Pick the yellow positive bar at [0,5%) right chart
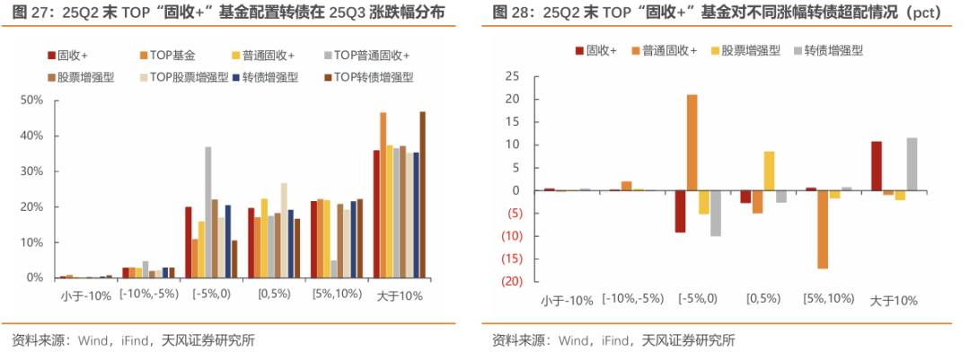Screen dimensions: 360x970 pos(769,171)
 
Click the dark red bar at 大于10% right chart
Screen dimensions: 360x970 pos(877,165)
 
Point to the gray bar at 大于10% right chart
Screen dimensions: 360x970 pos(913,163)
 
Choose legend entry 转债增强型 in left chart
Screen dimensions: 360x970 pos(269,77)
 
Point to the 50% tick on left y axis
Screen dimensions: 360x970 pos(31,100)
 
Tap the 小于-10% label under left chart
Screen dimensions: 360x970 pos(85,295)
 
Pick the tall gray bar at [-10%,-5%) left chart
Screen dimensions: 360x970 pos(145,269)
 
